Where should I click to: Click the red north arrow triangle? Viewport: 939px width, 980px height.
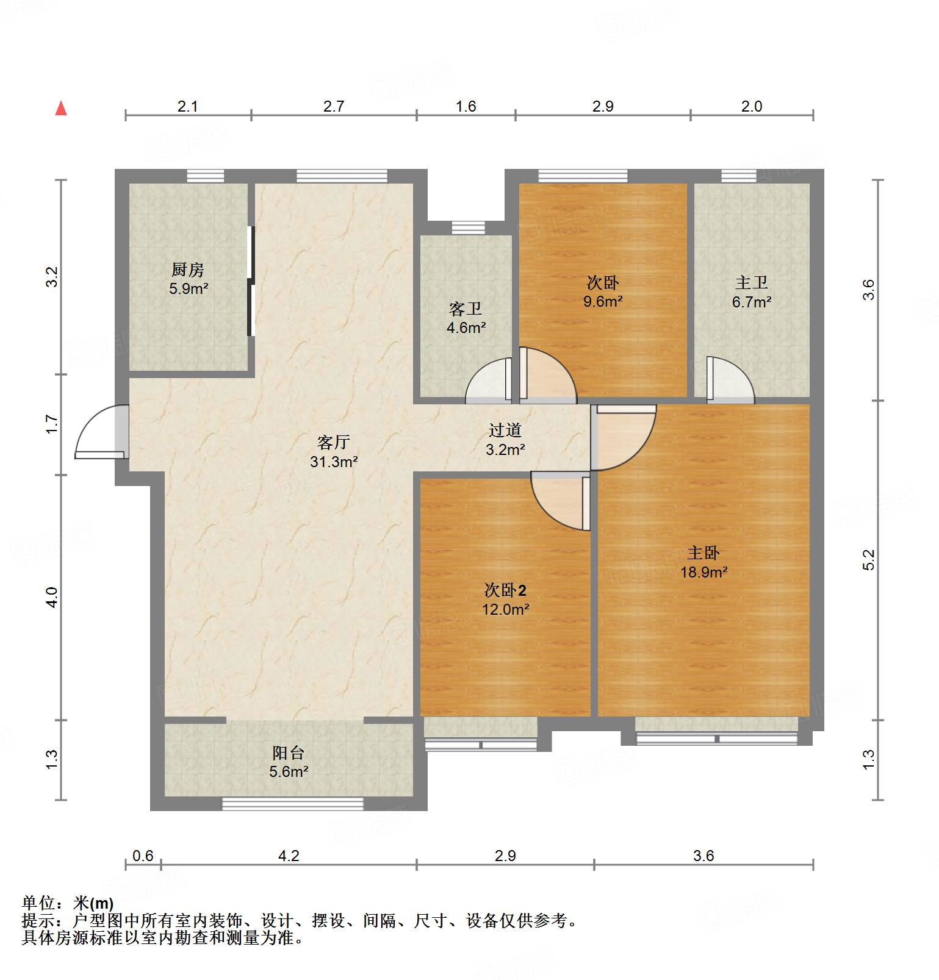[61, 109]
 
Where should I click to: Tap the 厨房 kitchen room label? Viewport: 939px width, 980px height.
[188, 270]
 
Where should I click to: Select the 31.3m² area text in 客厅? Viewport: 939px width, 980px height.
[333, 462]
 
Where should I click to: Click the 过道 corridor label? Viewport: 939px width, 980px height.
[505, 431]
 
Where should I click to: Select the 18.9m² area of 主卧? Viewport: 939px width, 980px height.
[703, 572]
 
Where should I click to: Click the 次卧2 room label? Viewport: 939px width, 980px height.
[505, 590]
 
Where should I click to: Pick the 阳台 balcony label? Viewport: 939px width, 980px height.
[288, 753]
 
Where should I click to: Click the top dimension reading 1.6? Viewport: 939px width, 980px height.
[466, 107]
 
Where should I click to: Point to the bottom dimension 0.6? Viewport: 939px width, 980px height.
[143, 856]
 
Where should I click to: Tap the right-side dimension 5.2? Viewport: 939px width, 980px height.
[869, 559]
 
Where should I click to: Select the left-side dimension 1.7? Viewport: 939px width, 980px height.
[52, 424]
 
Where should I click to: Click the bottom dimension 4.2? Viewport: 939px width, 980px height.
[289, 856]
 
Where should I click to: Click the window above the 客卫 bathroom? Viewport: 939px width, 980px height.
[469, 228]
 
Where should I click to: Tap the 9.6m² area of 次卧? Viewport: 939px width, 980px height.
[603, 301]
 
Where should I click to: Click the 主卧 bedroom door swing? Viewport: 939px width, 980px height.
[622, 436]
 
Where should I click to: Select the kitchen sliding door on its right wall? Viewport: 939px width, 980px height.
[250, 281]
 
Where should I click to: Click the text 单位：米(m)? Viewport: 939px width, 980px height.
[67, 903]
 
